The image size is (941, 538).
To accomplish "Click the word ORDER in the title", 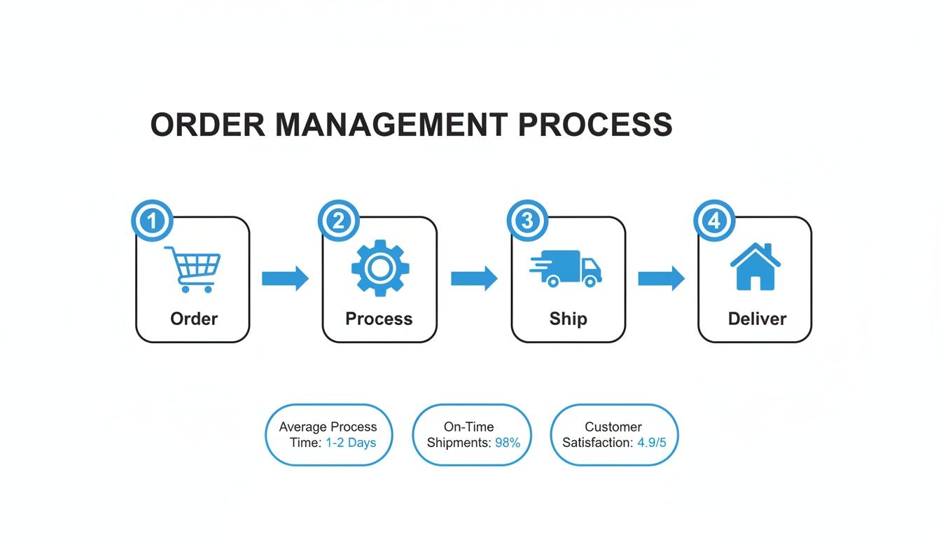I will click(x=208, y=125).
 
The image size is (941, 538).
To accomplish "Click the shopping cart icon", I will click(x=193, y=269).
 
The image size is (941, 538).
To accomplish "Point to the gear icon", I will click(x=379, y=268).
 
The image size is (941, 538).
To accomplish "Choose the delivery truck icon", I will click(x=566, y=269).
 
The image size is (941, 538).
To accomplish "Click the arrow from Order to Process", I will click(x=285, y=278).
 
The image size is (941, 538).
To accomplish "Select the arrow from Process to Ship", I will click(x=474, y=278).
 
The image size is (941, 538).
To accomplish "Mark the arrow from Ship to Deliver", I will click(x=661, y=278).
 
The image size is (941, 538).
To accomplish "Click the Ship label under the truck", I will click(x=568, y=319).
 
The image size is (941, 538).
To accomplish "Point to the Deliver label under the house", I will click(x=757, y=319).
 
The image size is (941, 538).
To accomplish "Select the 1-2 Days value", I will click(x=351, y=443).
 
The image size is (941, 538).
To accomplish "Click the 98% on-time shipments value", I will click(x=507, y=443).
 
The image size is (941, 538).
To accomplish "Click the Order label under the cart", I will click(x=194, y=319).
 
